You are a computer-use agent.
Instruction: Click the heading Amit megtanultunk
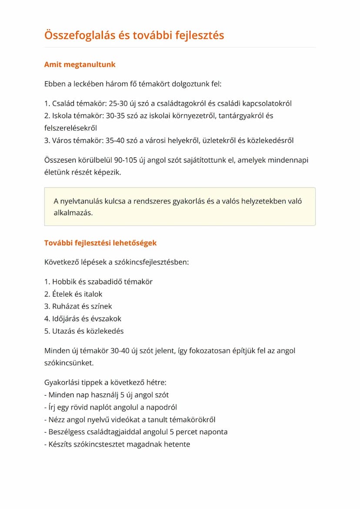pyautogui.click(x=80, y=65)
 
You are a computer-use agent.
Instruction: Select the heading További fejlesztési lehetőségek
pyautogui.click(x=100, y=243)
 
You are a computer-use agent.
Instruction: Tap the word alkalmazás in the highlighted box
pyautogui.click(x=73, y=213)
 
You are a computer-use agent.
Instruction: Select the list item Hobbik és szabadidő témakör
pyautogui.click(x=102, y=282)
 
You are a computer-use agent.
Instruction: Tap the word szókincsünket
pyautogui.click(x=68, y=363)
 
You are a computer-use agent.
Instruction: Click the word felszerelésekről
pyautogui.click(x=70, y=128)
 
